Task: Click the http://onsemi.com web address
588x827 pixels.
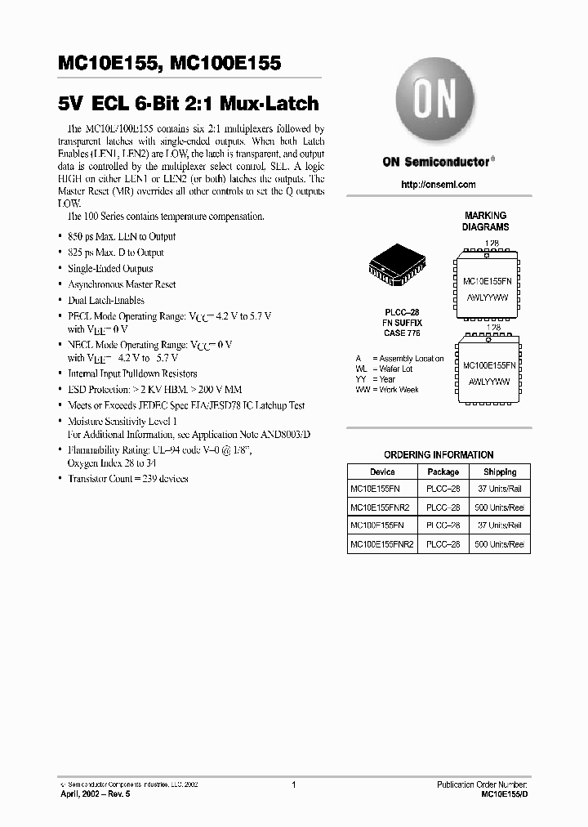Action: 439,185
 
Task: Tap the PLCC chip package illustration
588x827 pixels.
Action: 397,268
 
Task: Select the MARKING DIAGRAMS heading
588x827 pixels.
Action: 485,221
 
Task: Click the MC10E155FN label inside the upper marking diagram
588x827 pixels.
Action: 485,280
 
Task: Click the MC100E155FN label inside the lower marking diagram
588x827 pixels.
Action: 485,365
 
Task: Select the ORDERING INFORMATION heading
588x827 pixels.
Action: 439,454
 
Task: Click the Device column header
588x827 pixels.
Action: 382,472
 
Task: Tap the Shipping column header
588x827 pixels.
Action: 499,472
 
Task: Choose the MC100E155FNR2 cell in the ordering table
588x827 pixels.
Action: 382,544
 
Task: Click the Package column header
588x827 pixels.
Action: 443,472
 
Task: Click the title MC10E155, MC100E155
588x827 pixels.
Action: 170,63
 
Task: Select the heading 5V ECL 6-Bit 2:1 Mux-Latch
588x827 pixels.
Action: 189,105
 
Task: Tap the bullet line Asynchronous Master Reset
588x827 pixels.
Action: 122,284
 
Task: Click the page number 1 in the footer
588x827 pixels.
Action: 293,785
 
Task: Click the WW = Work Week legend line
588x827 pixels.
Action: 387,390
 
